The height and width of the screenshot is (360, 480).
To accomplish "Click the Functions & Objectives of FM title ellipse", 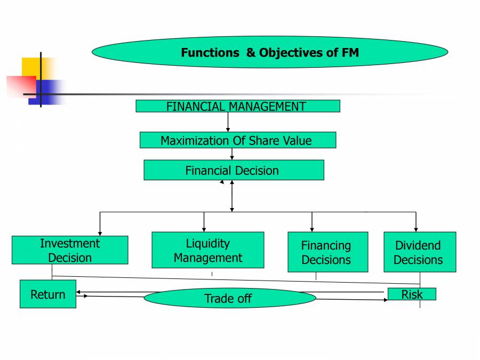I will pos(269,52).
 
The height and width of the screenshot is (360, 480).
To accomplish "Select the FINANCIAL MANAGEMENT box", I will pos(237,106).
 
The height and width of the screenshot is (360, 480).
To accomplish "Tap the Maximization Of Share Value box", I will pos(237,140).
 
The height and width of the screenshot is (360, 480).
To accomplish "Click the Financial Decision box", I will pos(233,170).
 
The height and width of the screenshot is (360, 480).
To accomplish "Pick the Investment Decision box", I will pos(70,250).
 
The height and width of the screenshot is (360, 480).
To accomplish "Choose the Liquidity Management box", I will pos(207,250).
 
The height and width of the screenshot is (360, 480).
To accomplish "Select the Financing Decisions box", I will pos(327,252).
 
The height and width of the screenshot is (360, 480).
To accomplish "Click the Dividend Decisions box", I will pos(419,252).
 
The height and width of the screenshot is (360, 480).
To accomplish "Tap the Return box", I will pos(48,294).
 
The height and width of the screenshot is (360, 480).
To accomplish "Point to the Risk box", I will pos(411,294).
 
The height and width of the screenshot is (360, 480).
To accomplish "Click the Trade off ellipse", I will pos(230,298).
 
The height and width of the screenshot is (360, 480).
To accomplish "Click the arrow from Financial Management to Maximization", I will pos(228,122).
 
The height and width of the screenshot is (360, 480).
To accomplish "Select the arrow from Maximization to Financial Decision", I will pos(232,154).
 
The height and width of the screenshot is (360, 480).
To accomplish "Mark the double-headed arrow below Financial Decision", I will pos(231,196).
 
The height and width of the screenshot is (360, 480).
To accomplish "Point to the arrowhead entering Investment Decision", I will pos(100,233).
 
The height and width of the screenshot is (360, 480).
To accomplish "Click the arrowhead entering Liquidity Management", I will pos(204,229).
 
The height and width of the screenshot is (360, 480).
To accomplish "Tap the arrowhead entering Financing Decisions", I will pos(312,229).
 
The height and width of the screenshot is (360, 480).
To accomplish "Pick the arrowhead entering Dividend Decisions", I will pos(416,229).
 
